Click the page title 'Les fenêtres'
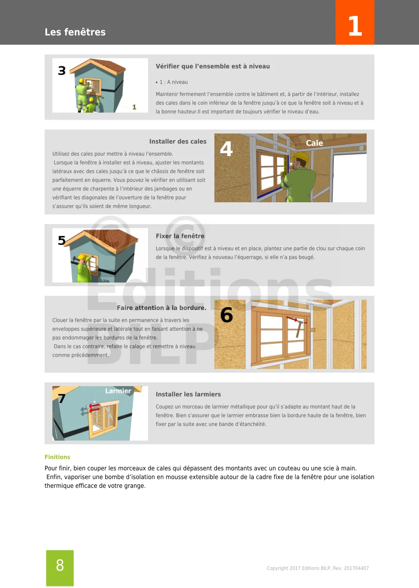75,32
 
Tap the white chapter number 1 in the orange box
355,26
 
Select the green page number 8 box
60,568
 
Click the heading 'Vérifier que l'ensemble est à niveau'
212,66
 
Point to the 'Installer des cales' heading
178,142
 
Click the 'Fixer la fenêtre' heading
180,236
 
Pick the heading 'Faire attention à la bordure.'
161,308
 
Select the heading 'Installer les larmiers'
188,394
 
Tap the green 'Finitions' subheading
57,457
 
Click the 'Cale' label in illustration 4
314,143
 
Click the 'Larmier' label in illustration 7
118,391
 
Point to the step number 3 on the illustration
62,71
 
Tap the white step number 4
226,149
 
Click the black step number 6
226,315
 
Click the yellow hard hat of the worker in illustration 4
302,157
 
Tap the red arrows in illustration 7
94,407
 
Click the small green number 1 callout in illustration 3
134,107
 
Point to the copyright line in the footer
318,568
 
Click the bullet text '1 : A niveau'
173,82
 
